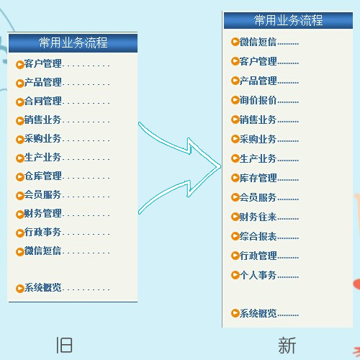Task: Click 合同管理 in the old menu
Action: coord(43,101)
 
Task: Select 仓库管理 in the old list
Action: coord(43,176)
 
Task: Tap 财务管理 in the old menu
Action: coord(43,213)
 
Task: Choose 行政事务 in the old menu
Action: coord(43,232)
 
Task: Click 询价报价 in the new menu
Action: coord(258,100)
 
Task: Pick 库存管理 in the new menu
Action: coord(258,178)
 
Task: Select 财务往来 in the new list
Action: coord(258,217)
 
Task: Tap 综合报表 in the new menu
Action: coord(258,236)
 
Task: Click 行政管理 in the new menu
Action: coord(258,256)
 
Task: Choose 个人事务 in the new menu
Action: coord(258,275)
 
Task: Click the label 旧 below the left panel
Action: coord(64,345)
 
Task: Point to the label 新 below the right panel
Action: coord(287,345)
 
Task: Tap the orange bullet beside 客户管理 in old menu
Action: coord(19,65)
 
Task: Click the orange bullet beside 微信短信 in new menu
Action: coord(235,42)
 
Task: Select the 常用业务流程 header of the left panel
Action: coord(73,43)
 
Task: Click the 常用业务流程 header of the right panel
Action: coord(288,20)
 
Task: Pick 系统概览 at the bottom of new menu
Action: coord(258,313)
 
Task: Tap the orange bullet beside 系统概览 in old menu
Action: coord(19,289)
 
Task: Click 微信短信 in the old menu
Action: coord(43,251)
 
